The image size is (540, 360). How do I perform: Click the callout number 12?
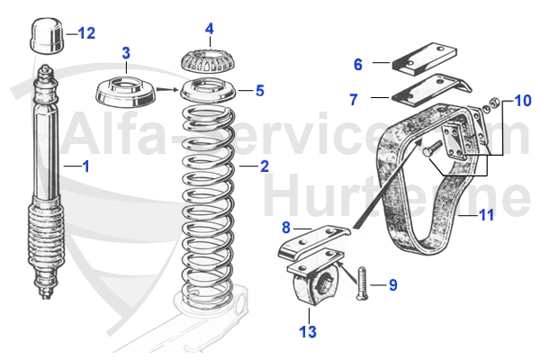click(x=86, y=33)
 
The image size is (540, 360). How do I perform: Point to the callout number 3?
click(x=126, y=53)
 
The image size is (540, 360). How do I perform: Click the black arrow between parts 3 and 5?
click(x=166, y=89)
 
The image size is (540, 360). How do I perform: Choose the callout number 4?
click(x=209, y=29)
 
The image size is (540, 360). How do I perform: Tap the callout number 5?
click(x=260, y=90)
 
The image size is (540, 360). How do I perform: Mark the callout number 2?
click(x=264, y=166)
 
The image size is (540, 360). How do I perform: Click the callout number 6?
click(x=357, y=64)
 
